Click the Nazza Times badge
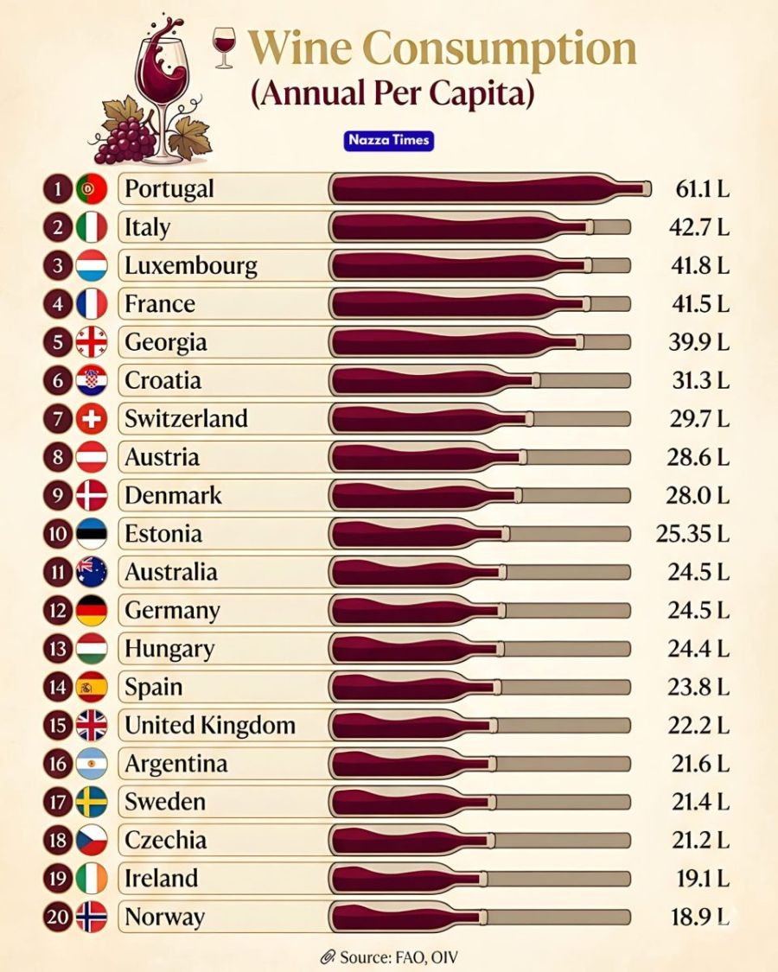[388, 140]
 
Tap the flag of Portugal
[91, 188]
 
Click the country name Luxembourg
[191, 265]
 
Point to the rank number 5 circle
[58, 342]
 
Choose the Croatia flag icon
[91, 380]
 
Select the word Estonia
[163, 533]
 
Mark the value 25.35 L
[693, 533]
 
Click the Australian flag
[91, 572]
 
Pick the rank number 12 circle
[58, 610]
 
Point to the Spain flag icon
[91, 687]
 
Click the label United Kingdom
[210, 725]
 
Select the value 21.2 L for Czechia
[701, 840]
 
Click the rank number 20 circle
[58, 917]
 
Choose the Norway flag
[91, 917]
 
